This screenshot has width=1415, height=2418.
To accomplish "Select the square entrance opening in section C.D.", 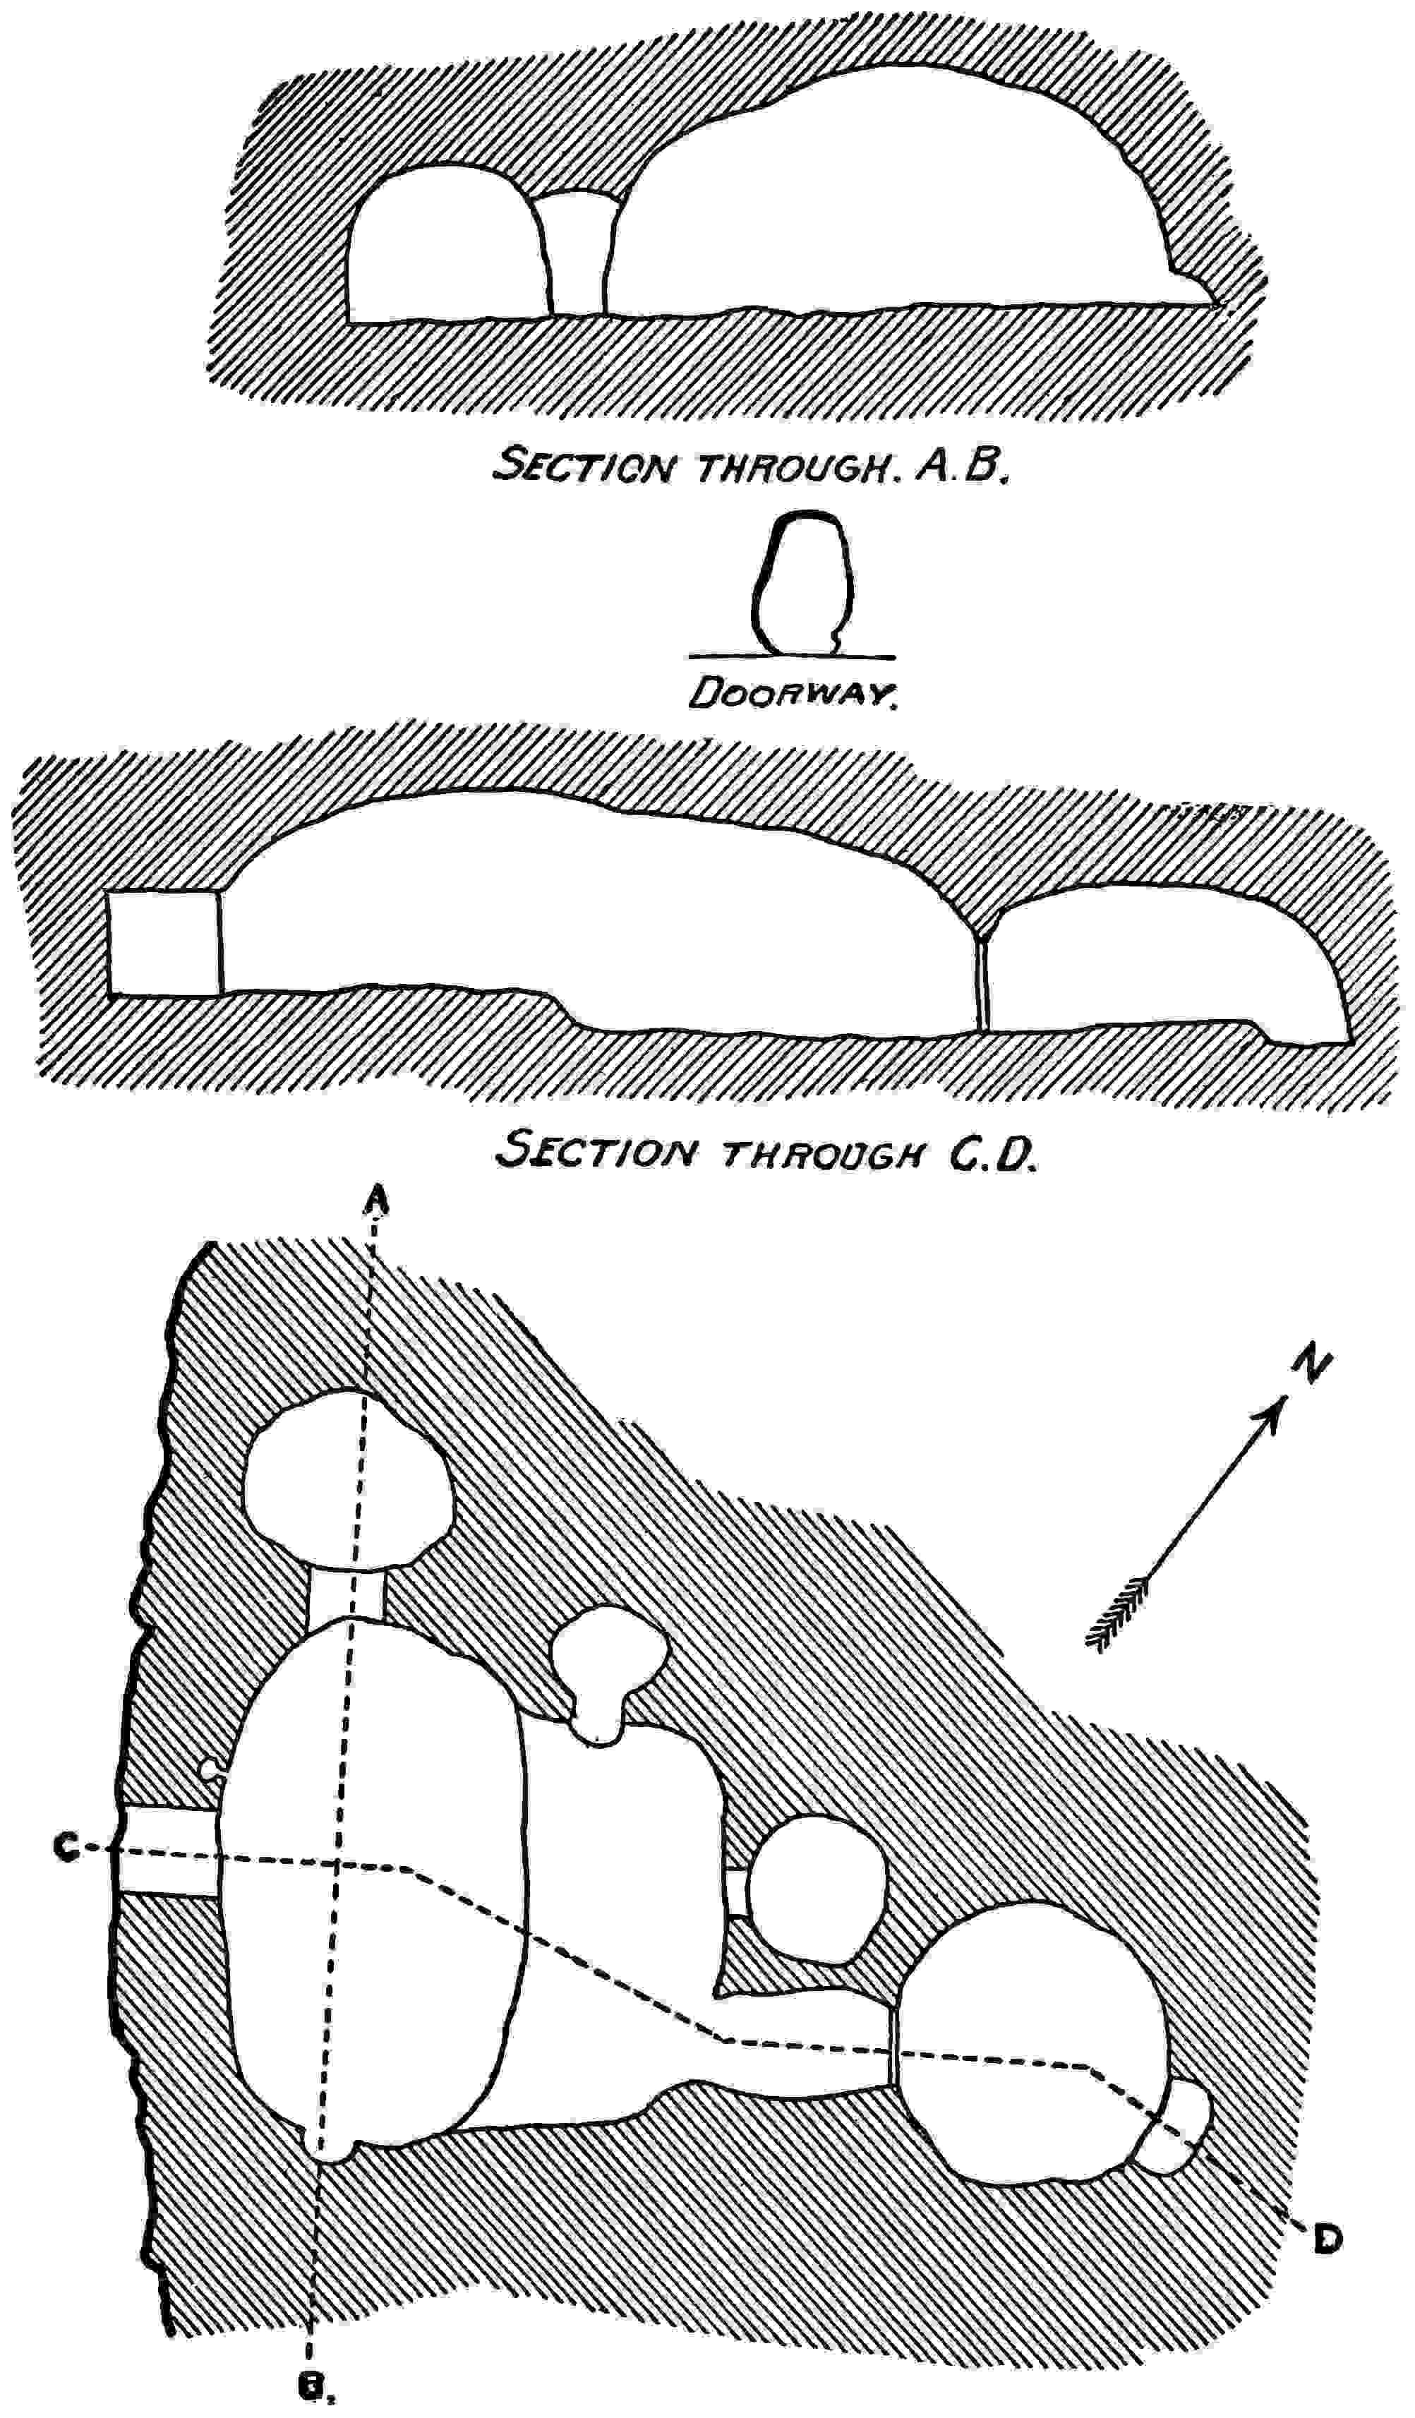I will pos(163,942).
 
